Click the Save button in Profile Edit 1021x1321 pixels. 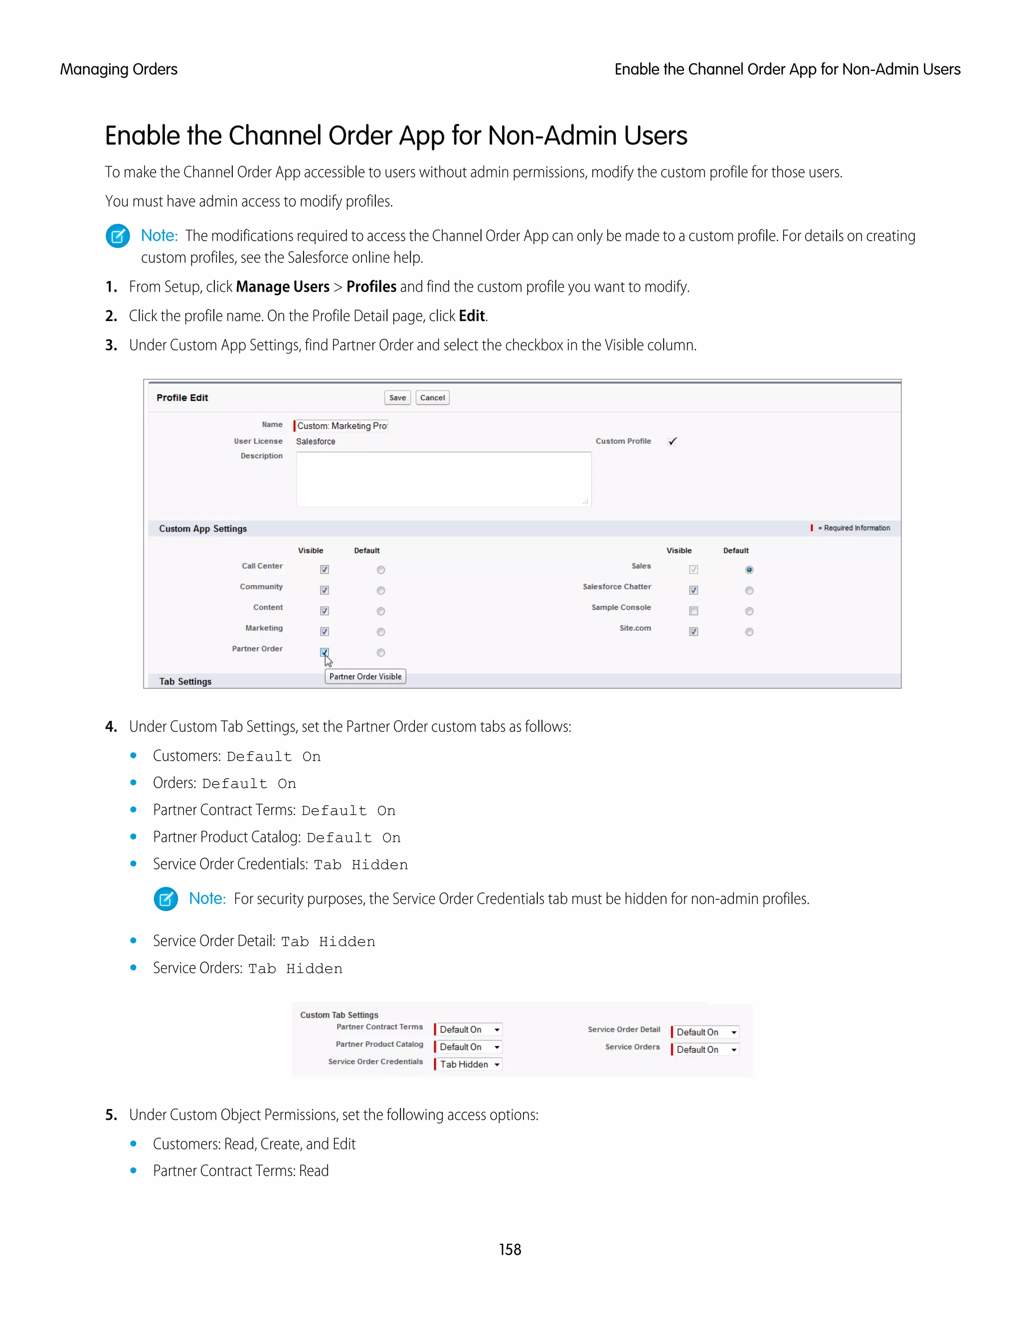(397, 397)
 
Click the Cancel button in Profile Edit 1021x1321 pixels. (432, 397)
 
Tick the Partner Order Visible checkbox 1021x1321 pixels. (324, 652)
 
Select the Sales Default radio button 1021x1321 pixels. (749, 570)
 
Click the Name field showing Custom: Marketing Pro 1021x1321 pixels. (341, 426)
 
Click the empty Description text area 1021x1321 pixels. (443, 479)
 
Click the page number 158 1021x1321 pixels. (510, 1250)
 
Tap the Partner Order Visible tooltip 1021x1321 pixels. (365, 676)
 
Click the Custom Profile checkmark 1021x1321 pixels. (672, 442)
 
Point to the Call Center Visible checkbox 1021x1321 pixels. (324, 570)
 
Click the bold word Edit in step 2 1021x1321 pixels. (471, 316)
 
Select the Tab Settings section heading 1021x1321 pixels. (185, 681)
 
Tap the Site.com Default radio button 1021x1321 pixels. (749, 632)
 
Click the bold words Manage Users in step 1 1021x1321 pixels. (283, 287)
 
